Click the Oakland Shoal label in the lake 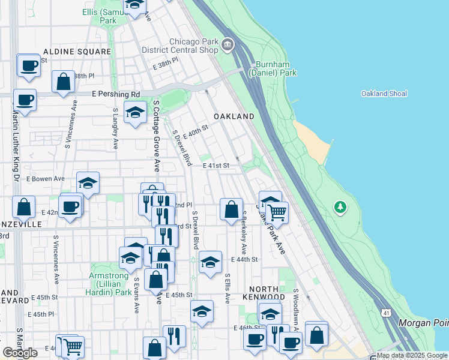pyautogui.click(x=384, y=94)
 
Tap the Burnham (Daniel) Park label pyautogui.click(x=276, y=68)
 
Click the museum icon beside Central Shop pyautogui.click(x=228, y=44)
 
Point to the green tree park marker pyautogui.click(x=340, y=207)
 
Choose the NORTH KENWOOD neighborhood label pyautogui.click(x=264, y=292)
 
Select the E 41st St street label pyautogui.click(x=216, y=165)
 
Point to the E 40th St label pyautogui.click(x=196, y=131)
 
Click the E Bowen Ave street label pyautogui.click(x=45, y=179)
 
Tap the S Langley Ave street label pyautogui.click(x=115, y=129)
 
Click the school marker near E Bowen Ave pyautogui.click(x=88, y=183)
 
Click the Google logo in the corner pyautogui.click(x=20, y=353)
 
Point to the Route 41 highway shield pyautogui.click(x=385, y=313)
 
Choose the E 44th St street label pyautogui.click(x=244, y=259)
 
